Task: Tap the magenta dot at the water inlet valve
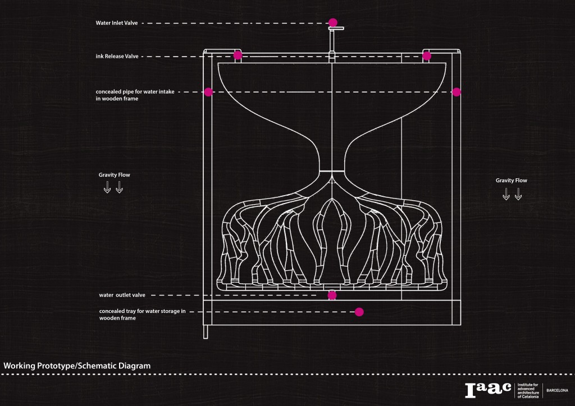[333, 23]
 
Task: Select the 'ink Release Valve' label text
[117, 56]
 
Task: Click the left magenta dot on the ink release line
[238, 56]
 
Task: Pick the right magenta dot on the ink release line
[427, 56]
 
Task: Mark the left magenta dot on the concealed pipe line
[208, 92]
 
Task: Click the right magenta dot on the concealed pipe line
[457, 92]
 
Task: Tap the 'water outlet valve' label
[122, 294]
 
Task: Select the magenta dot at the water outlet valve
[332, 295]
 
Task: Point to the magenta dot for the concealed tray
[359, 311]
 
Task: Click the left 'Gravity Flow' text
[114, 175]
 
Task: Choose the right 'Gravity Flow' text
[512, 181]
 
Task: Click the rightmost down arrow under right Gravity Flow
[518, 194]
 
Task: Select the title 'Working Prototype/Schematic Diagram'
[77, 366]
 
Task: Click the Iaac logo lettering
[488, 389]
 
